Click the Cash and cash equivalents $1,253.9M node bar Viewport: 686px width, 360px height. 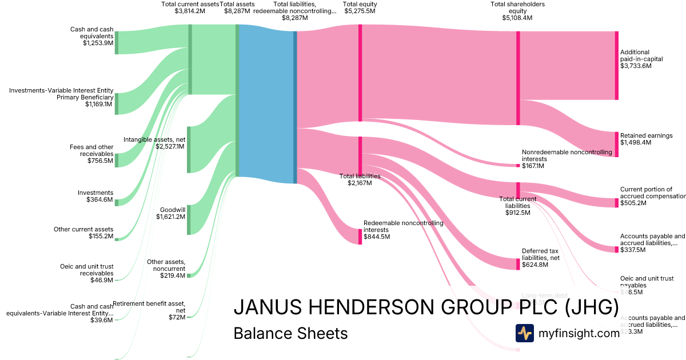point(117,43)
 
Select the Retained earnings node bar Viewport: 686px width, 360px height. point(616,144)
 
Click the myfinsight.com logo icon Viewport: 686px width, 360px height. point(524,333)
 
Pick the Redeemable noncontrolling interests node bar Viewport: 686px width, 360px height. point(360,237)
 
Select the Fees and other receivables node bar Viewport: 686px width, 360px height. point(117,160)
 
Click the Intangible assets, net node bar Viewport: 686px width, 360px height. point(189,150)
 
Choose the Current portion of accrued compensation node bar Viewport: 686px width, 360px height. point(616,203)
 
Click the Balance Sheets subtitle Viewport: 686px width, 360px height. point(290,333)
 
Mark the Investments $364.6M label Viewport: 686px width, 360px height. point(95,196)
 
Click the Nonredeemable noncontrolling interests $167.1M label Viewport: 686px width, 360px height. point(567,159)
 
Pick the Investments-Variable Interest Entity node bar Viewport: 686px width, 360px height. point(117,103)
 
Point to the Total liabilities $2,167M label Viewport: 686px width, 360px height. point(360,179)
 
